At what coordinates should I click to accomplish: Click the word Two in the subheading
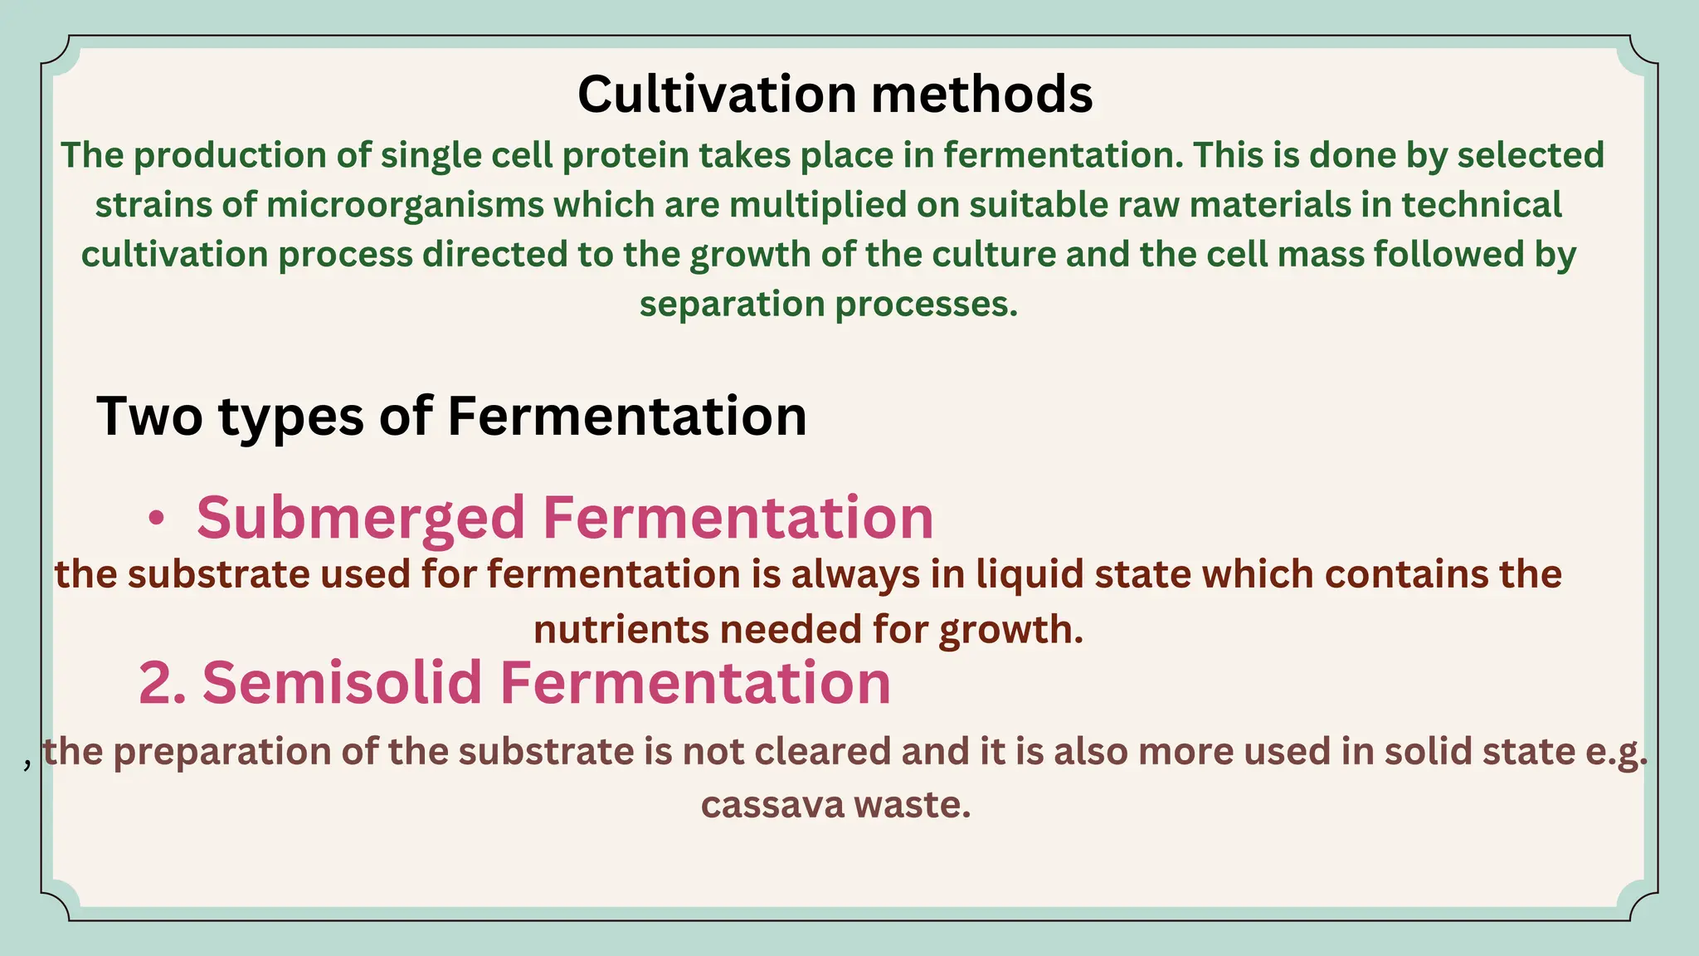149,416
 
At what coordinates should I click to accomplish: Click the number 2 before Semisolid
155,682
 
